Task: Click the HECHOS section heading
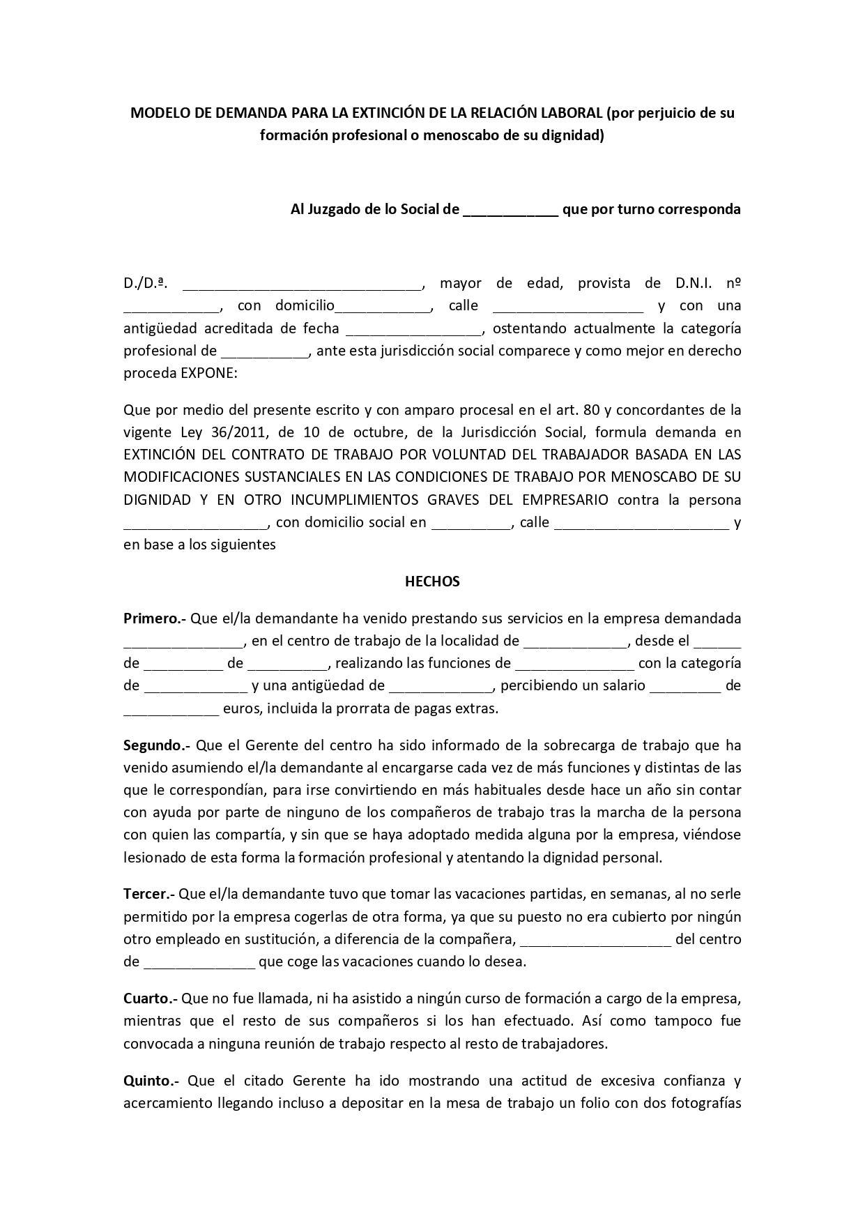tap(432, 582)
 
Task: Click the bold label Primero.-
tap(154, 618)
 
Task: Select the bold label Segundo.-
tap(157, 745)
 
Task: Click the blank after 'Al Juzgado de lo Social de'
tap(510, 211)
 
